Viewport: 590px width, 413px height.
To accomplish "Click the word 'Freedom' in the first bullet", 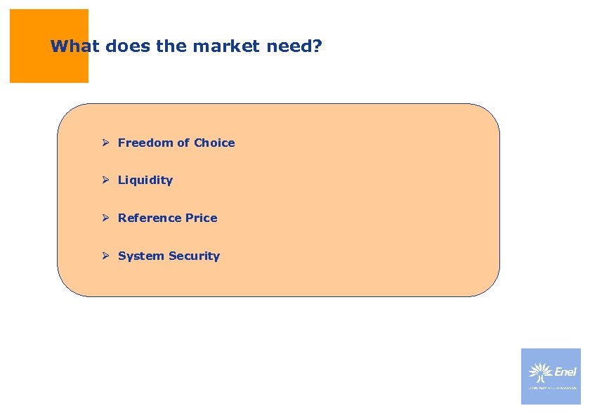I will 146,143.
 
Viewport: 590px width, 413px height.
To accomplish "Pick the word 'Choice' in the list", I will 214,143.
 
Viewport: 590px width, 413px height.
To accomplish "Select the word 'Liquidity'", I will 145,181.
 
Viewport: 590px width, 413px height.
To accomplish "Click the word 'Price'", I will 202,218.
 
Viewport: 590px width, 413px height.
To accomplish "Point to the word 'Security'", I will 193,256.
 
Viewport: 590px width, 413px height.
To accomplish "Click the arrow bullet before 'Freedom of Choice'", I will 104,143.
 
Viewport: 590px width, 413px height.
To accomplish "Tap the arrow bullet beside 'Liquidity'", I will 104,181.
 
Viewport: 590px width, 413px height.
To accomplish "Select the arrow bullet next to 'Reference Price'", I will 104,218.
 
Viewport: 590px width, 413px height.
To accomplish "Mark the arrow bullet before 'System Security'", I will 104,256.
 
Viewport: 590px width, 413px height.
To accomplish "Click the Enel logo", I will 551,376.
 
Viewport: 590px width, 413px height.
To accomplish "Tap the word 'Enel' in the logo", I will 565,372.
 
